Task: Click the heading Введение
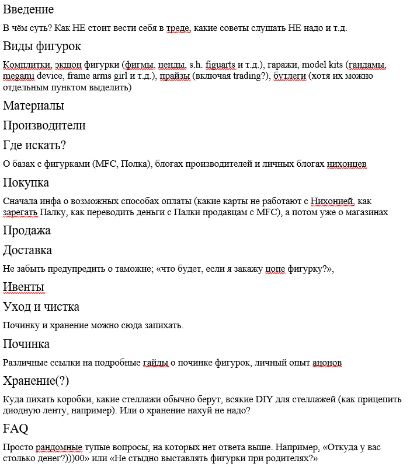coord(28,9)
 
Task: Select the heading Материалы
coord(33,106)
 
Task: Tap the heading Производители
coord(44,125)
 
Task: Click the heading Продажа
coord(26,230)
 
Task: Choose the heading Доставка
coord(27,250)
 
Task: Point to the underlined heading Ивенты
coord(23,287)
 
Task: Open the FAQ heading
coord(16,429)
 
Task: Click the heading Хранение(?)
coord(36,381)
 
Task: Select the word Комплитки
coord(27,65)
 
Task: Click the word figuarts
coord(216,65)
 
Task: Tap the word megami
coord(18,76)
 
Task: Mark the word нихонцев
coord(346,164)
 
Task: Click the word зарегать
coord(20,212)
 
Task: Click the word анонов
coord(327,363)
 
